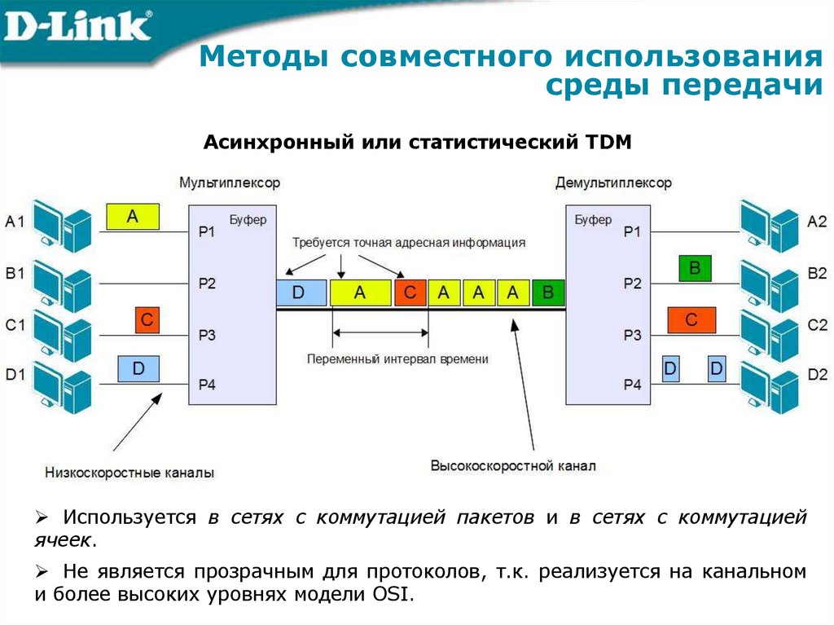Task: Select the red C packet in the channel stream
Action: pos(410,293)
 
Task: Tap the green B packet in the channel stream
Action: pos(548,293)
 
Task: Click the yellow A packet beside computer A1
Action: pos(133,217)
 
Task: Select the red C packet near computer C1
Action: pos(147,320)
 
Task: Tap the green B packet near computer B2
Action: pos(694,268)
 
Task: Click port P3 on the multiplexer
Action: pos(207,335)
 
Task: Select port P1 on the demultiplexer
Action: pos(632,232)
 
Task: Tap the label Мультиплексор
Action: pos(230,183)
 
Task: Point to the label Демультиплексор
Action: pos(613,183)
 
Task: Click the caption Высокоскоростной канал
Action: pos(513,466)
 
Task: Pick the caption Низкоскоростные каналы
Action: pos(130,472)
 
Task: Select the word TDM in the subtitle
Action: pos(608,143)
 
